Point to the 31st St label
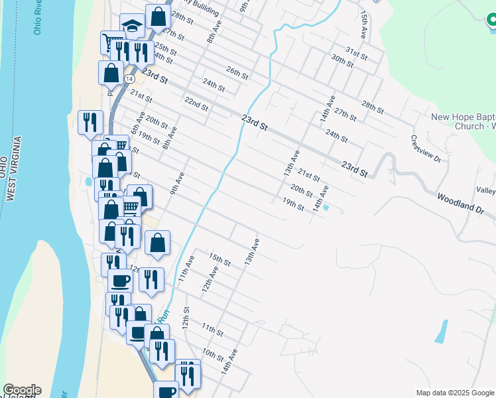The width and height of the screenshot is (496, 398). tap(356, 52)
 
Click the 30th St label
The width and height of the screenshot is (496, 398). tap(342, 61)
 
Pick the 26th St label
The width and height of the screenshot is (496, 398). tap(237, 73)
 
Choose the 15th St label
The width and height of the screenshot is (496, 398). tap(219, 259)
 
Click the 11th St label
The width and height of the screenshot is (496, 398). tap(212, 329)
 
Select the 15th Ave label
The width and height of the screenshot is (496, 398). tap(363, 23)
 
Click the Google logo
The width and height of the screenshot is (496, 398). tap(21, 390)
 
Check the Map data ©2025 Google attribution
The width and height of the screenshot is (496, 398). tap(455, 393)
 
